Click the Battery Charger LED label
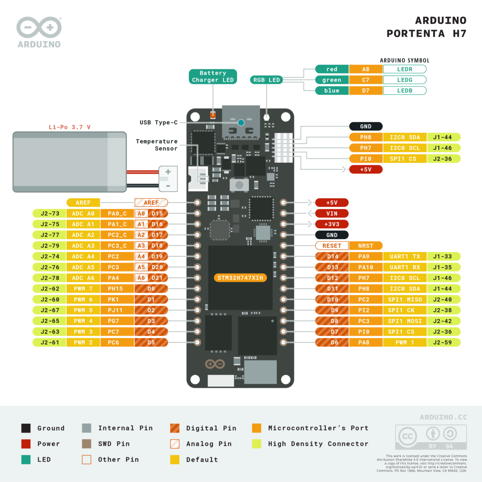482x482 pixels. click(213, 76)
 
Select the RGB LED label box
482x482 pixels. click(266, 80)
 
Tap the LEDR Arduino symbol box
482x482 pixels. click(404, 69)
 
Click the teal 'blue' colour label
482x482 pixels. click(332, 91)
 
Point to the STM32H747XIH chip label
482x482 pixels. click(240, 278)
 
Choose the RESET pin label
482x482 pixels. click(332, 246)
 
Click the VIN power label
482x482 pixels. click(332, 214)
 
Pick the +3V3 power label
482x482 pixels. click(332, 224)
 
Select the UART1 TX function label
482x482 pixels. click(404, 257)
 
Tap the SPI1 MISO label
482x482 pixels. click(404, 300)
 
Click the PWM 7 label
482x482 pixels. click(83, 289)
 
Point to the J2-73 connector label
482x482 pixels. click(50, 214)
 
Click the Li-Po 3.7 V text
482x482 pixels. click(69, 127)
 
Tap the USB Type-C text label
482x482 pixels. click(158, 123)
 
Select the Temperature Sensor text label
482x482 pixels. click(157, 145)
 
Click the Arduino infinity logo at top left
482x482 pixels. click(39, 28)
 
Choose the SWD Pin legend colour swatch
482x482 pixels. click(86, 444)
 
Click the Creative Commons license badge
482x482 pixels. click(431, 437)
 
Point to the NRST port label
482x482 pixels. click(366, 246)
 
